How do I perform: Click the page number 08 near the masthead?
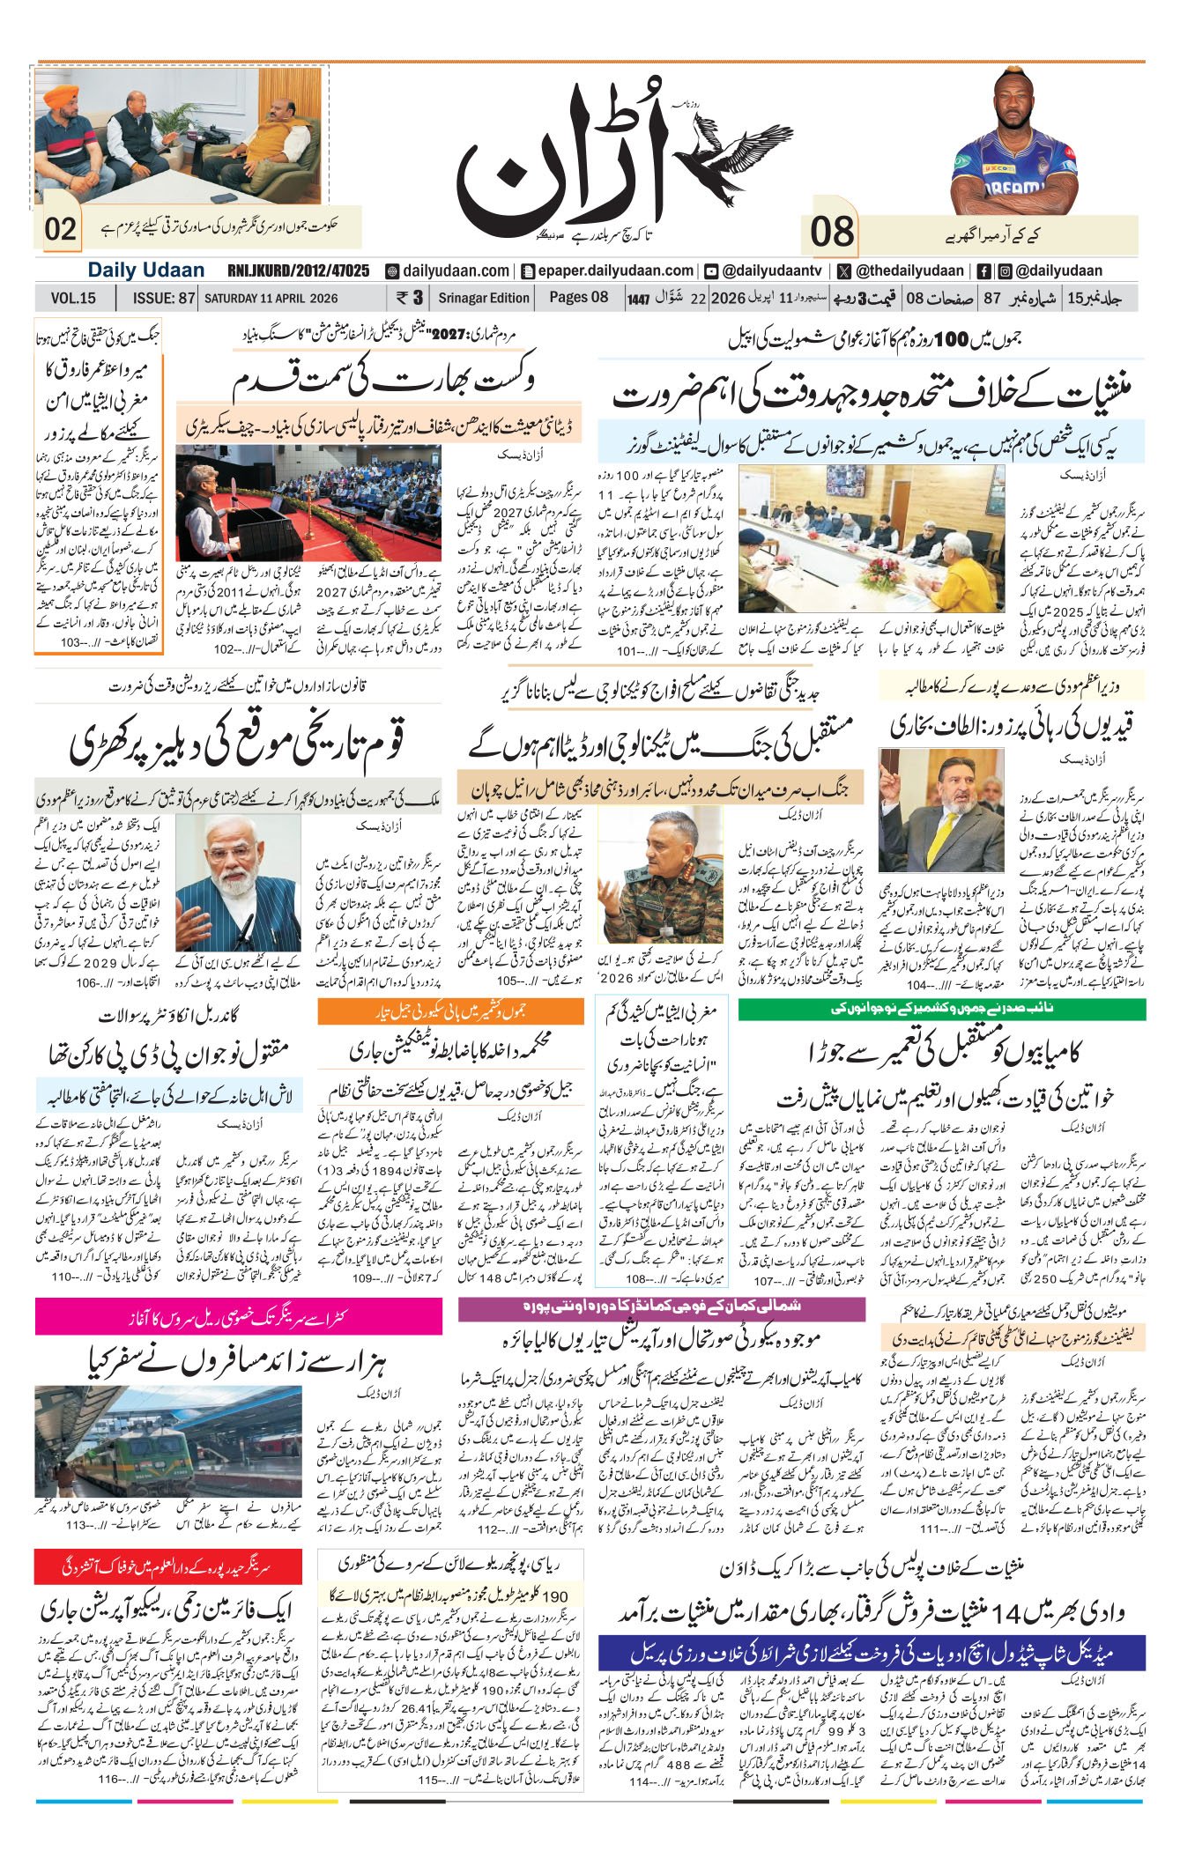click(x=833, y=233)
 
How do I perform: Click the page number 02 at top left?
click(x=62, y=230)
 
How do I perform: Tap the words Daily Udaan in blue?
click(x=146, y=271)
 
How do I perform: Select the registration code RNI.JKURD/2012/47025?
click(x=298, y=271)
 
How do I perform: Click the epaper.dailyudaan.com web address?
click(x=607, y=271)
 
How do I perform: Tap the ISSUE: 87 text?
click(x=163, y=299)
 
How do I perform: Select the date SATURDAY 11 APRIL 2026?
click(x=271, y=299)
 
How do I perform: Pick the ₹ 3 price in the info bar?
click(x=411, y=298)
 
